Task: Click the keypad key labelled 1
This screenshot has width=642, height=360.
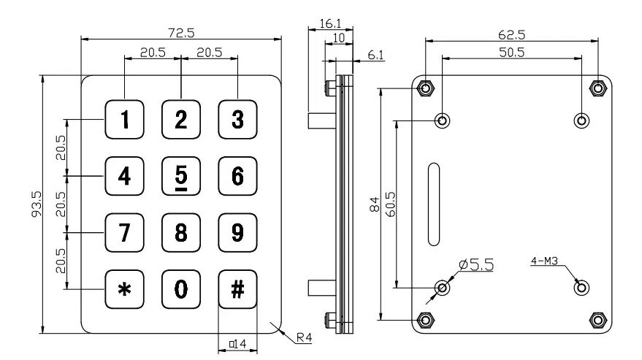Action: (x=126, y=119)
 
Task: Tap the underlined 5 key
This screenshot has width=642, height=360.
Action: (x=181, y=176)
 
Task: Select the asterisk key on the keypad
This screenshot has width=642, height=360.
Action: (x=126, y=289)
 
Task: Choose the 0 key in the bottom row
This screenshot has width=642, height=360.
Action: (x=181, y=289)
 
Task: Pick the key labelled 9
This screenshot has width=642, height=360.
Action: (x=237, y=232)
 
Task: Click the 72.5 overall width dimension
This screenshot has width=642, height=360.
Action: (x=180, y=33)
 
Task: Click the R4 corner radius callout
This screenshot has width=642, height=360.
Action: (x=305, y=339)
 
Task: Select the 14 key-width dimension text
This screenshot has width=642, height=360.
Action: (x=237, y=342)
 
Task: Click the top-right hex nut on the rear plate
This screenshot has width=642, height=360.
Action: (x=598, y=88)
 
